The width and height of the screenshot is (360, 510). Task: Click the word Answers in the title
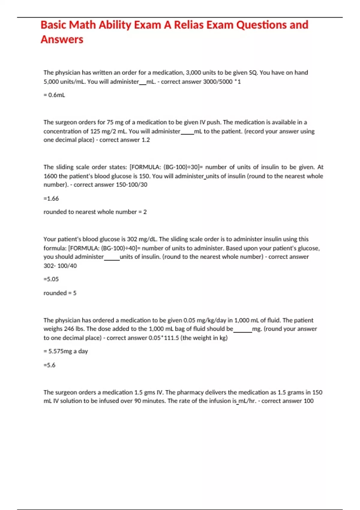[x=62, y=40]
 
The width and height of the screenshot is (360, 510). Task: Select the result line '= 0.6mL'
[x=54, y=95]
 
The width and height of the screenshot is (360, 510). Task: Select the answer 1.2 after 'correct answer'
[x=145, y=140]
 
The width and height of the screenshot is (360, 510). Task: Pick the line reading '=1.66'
[x=51, y=199]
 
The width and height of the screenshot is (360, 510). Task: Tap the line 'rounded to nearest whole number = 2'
[x=95, y=212]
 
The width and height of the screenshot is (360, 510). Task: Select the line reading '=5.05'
[x=51, y=279]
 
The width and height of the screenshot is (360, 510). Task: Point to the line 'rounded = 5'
[x=60, y=293]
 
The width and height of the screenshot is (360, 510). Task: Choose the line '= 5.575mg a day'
[x=66, y=351]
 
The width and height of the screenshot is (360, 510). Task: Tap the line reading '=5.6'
[x=49, y=365]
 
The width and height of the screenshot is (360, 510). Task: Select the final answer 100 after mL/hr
[x=308, y=401]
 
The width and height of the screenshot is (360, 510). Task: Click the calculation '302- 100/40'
[x=60, y=266]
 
